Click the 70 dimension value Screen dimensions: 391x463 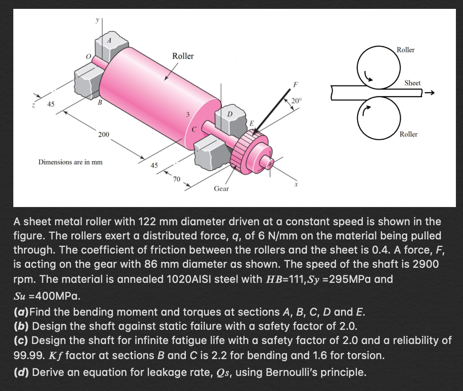tap(177, 179)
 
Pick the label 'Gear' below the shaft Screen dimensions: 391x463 tap(221, 189)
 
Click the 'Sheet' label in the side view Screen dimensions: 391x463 tap(412, 83)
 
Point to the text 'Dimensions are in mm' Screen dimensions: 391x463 tap(71, 162)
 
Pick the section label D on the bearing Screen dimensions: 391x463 tap(229, 115)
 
